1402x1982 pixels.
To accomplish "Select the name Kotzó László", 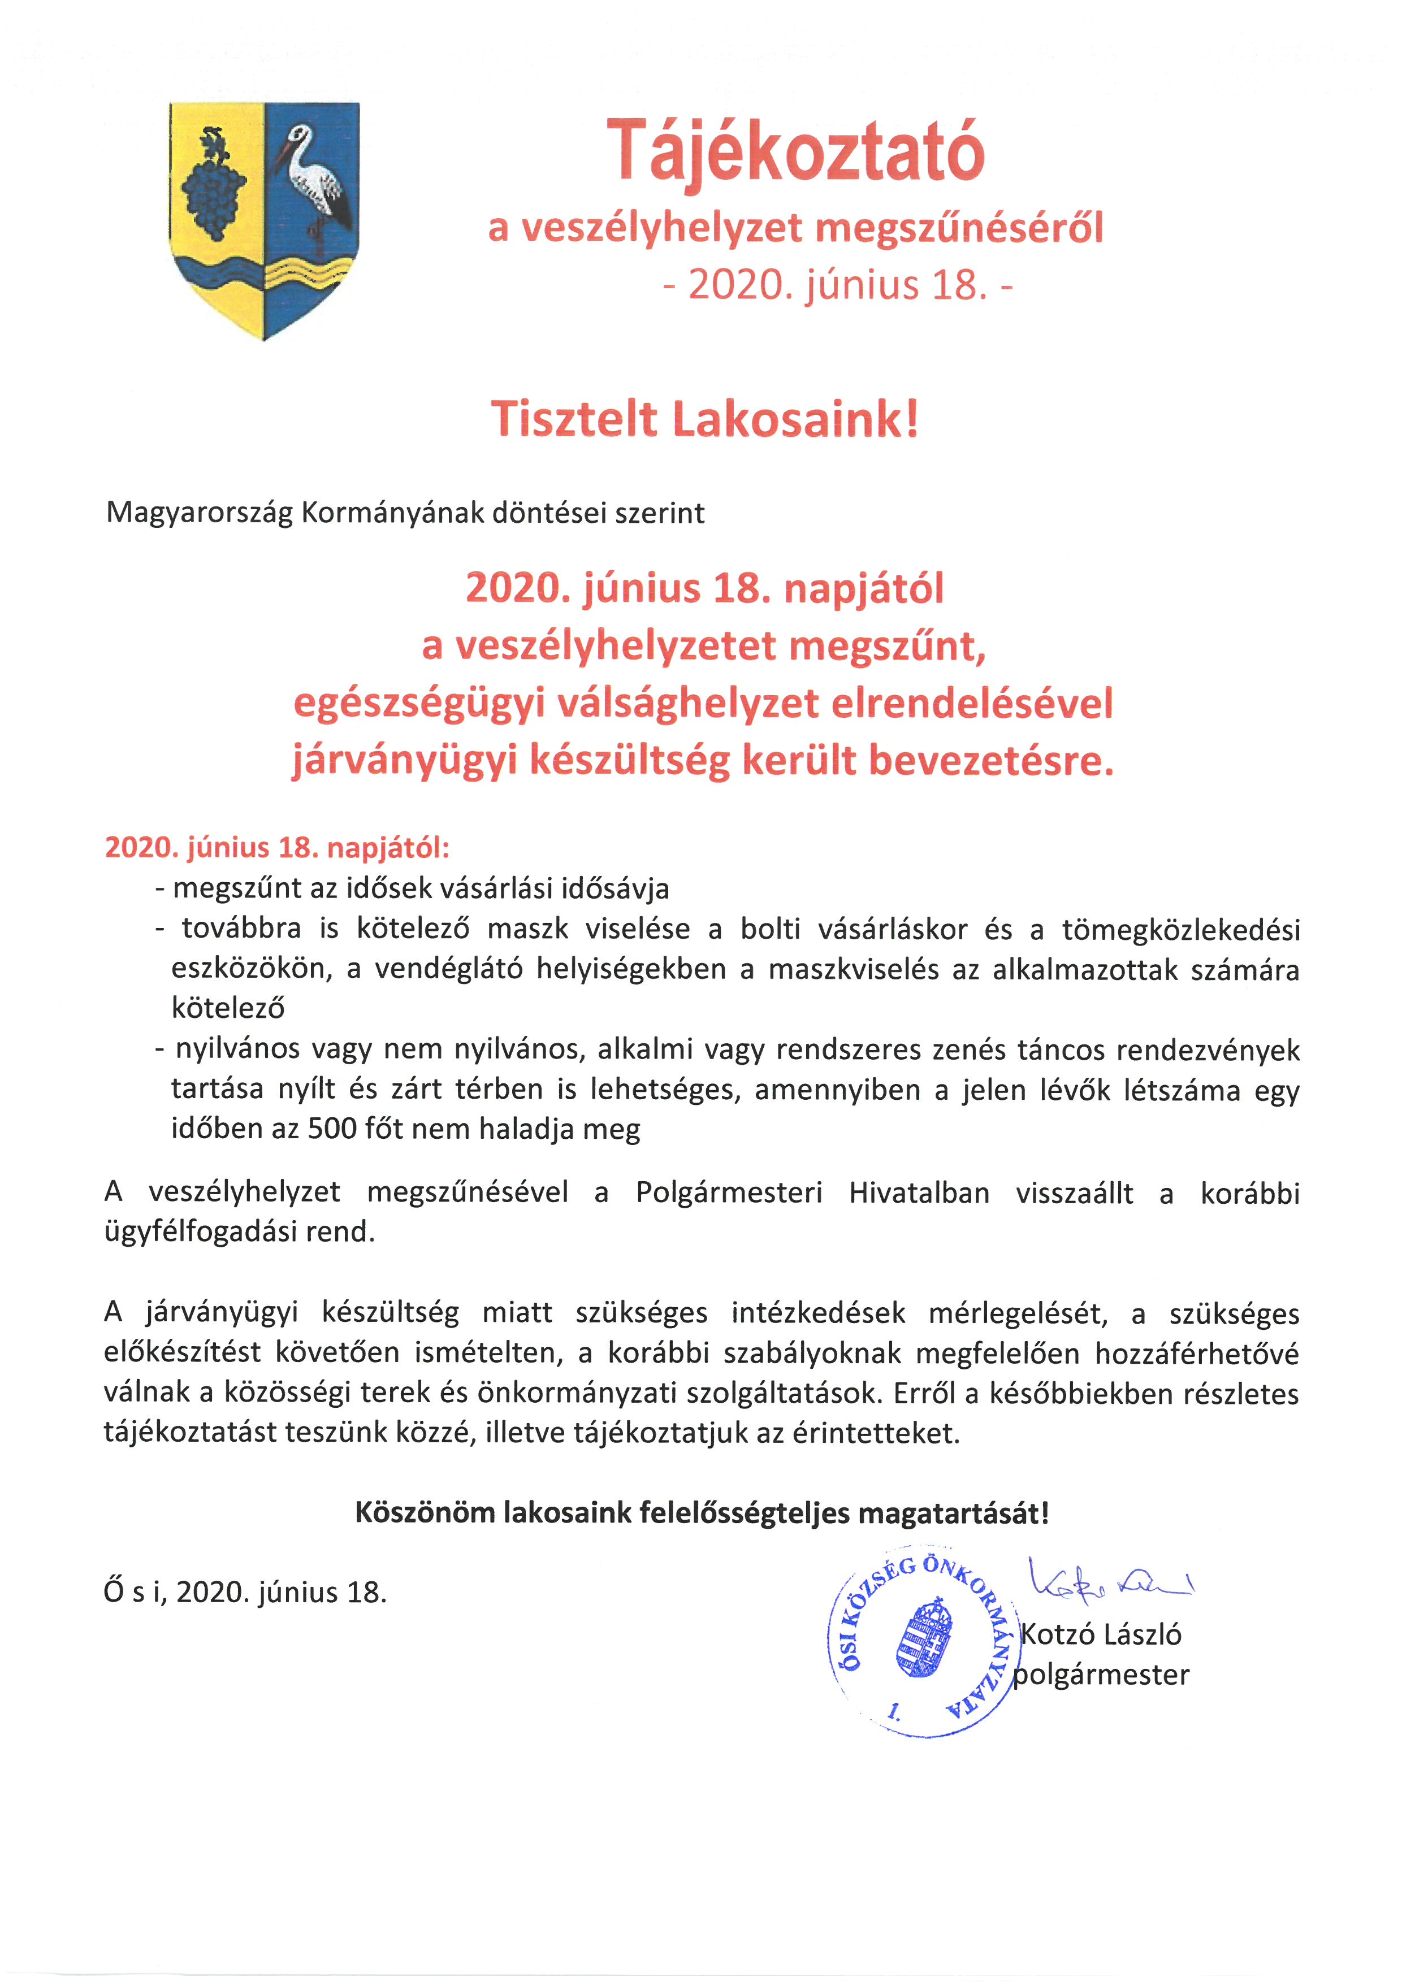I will pos(1101,1634).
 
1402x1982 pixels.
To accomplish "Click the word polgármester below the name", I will pos(1101,1675).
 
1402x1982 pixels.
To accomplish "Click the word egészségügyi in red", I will pos(419,704).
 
